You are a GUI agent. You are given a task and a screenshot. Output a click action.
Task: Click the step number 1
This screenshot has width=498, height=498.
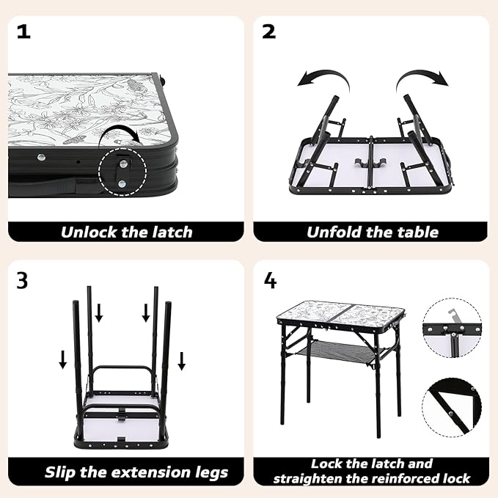click(x=23, y=32)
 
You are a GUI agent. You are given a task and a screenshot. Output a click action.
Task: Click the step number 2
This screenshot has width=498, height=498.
click(x=268, y=32)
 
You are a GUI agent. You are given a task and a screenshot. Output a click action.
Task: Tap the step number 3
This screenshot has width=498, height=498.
click(x=22, y=281)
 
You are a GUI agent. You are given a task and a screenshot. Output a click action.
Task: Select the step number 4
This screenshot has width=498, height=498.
click(x=271, y=281)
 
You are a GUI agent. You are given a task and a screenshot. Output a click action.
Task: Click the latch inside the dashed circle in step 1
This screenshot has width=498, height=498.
click(x=122, y=172)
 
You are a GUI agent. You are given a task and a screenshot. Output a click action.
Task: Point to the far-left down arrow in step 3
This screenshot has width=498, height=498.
click(x=63, y=359)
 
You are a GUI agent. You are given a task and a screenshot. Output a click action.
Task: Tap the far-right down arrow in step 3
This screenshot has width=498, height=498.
click(x=181, y=361)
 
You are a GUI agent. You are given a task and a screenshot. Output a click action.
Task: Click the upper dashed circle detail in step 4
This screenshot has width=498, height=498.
click(x=453, y=328)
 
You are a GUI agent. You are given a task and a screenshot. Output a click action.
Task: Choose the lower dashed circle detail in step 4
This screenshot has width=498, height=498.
click(x=452, y=408)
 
